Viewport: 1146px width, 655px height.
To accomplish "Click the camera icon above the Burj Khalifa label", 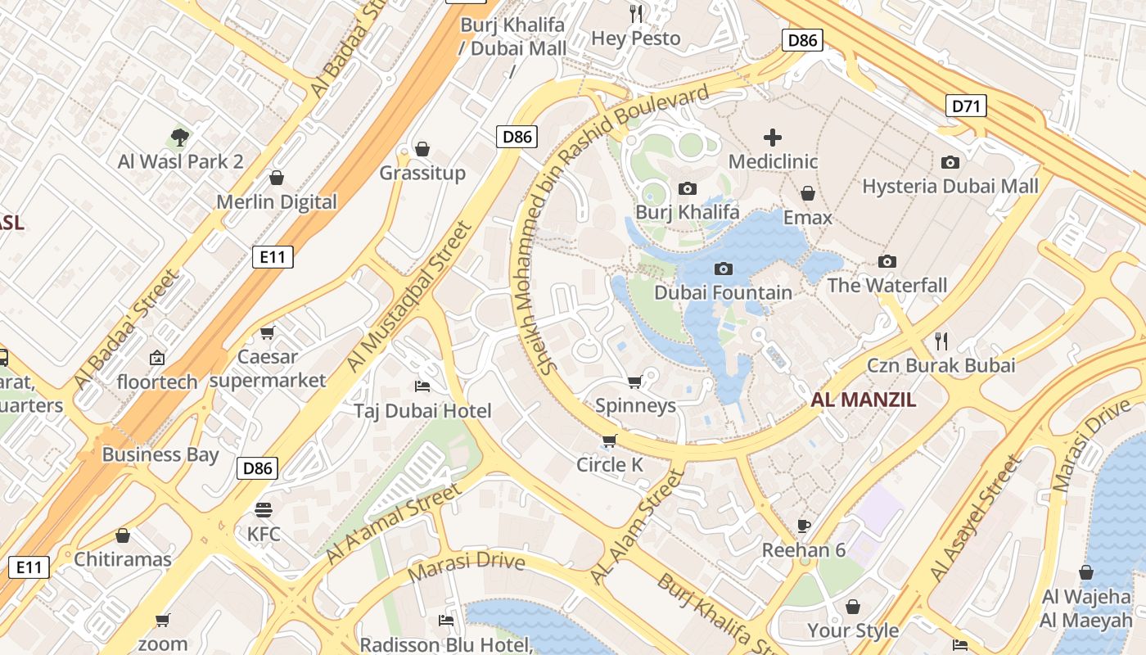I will point(688,189).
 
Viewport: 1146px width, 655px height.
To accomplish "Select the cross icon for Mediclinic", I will point(773,138).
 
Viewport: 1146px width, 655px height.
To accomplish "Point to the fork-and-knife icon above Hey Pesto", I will point(636,14).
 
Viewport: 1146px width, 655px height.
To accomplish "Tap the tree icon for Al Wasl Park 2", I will point(180,137).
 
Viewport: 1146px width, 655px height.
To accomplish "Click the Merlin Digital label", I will point(277,202).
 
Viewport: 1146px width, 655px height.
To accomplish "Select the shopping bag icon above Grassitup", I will point(422,149).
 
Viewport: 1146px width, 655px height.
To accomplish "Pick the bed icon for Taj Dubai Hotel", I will point(422,386).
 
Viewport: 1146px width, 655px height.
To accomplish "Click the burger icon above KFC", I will point(263,510).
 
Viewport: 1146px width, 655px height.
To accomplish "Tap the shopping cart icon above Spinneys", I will point(634,382).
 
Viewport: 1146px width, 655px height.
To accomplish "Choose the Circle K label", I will point(610,465).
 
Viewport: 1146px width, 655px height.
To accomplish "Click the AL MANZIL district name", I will point(863,400).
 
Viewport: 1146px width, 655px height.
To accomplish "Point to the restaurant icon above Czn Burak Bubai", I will point(941,341).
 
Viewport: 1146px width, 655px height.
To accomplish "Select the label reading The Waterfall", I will point(887,286).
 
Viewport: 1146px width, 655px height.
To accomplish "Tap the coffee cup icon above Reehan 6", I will point(803,526).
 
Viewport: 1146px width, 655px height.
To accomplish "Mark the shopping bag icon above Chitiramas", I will point(123,536).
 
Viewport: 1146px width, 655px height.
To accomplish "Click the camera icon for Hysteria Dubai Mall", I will point(950,162).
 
